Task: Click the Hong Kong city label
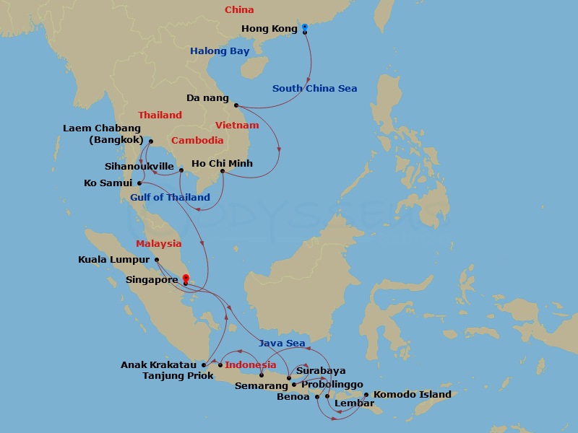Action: pyautogui.click(x=269, y=29)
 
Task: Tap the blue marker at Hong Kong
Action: pyautogui.click(x=305, y=27)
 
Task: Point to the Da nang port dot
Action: pyautogui.click(x=236, y=105)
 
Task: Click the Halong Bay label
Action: pyautogui.click(x=219, y=51)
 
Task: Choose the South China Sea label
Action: pyautogui.click(x=314, y=89)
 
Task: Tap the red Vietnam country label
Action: pyautogui.click(x=237, y=126)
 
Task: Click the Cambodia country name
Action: pyautogui.click(x=197, y=141)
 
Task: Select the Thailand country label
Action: pyautogui.click(x=160, y=115)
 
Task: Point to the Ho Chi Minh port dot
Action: pyautogui.click(x=222, y=171)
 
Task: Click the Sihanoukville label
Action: pyautogui.click(x=139, y=166)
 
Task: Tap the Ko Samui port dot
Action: pyautogui.click(x=139, y=183)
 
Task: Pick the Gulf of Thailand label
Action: pyautogui.click(x=171, y=197)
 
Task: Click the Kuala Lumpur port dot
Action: pyautogui.click(x=157, y=260)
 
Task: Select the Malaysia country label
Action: pyautogui.click(x=158, y=244)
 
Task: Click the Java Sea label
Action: pyautogui.click(x=282, y=343)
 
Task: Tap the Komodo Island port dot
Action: pyautogui.click(x=366, y=395)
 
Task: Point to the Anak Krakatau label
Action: pyautogui.click(x=159, y=365)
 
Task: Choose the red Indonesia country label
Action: pyautogui.click(x=251, y=365)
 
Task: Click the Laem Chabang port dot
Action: pyautogui.click(x=150, y=140)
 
